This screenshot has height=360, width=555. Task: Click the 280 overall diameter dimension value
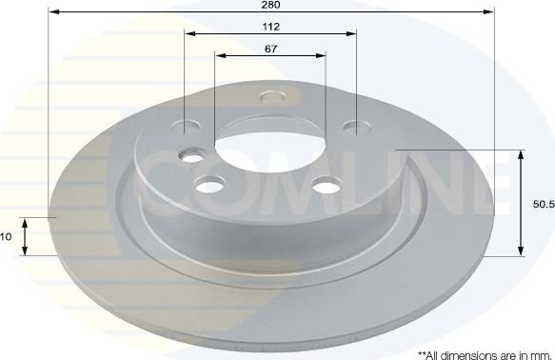[270, 5]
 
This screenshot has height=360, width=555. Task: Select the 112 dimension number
[270, 26]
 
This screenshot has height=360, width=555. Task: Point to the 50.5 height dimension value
[542, 203]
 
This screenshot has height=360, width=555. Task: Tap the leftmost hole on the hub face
[185, 126]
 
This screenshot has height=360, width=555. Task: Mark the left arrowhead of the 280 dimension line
[51, 13]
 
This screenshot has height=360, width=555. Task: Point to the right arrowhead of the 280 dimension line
[490, 13]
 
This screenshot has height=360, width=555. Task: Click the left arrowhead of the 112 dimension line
[188, 33]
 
